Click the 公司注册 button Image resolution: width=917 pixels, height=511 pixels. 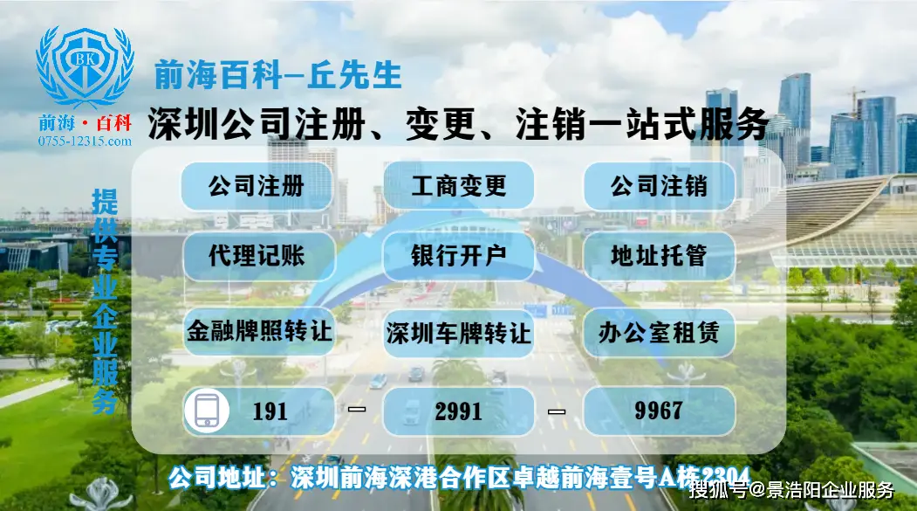click(257, 186)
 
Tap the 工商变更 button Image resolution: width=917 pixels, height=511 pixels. click(458, 186)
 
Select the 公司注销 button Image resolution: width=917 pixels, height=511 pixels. click(659, 186)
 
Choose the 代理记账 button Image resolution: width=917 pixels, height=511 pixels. click(257, 256)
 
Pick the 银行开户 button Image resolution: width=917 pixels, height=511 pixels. click(458, 256)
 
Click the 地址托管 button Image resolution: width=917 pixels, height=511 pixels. click(659, 256)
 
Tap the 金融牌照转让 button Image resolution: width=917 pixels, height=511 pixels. click(259, 332)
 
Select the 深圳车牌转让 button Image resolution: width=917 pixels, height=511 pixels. click(458, 333)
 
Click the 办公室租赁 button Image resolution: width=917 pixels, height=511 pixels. click(659, 332)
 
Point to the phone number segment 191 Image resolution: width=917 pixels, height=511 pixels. click(270, 411)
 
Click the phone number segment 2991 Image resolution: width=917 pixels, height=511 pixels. click(458, 411)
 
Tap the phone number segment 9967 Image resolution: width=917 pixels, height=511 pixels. click(659, 411)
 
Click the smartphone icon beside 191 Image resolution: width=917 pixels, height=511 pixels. click(207, 411)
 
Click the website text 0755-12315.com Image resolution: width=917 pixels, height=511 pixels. click(85, 141)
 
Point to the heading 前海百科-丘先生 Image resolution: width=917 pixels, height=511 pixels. click(277, 76)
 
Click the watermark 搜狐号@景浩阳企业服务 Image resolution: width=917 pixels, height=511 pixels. click(792, 490)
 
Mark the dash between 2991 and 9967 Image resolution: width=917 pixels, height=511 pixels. click(557, 411)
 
